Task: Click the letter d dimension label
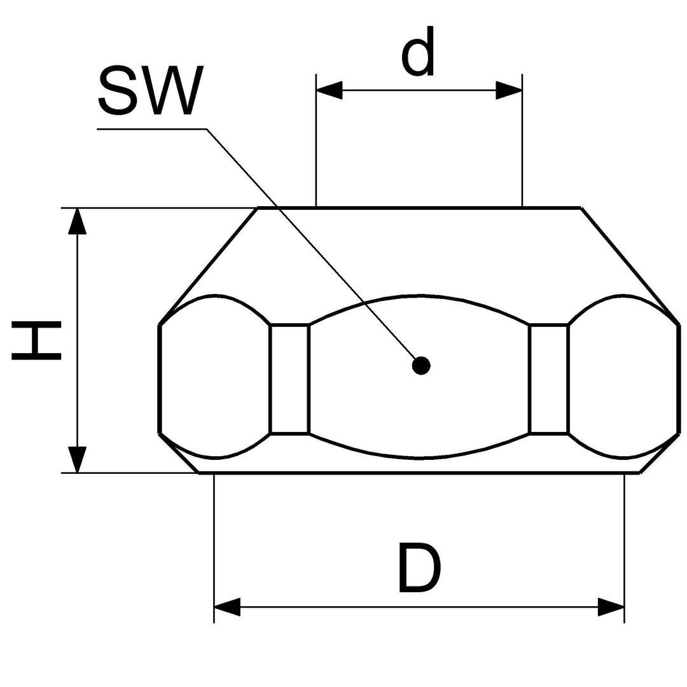click(x=419, y=52)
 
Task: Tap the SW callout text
click(x=151, y=91)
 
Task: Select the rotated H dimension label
click(x=36, y=340)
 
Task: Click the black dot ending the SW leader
click(x=422, y=365)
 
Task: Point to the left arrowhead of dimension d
click(x=329, y=90)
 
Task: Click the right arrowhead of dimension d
click(x=509, y=90)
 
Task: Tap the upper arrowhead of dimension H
click(x=78, y=222)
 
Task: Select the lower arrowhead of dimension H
click(x=78, y=459)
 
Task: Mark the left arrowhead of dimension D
click(x=227, y=607)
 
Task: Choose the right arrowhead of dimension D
click(x=611, y=607)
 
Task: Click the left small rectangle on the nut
click(x=289, y=379)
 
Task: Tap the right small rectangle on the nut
click(x=548, y=379)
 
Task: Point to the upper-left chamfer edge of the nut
click(x=208, y=267)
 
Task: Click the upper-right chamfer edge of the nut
click(x=630, y=267)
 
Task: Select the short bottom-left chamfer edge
click(x=178, y=453)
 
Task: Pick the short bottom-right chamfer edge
click(x=660, y=453)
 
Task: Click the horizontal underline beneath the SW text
click(x=151, y=128)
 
